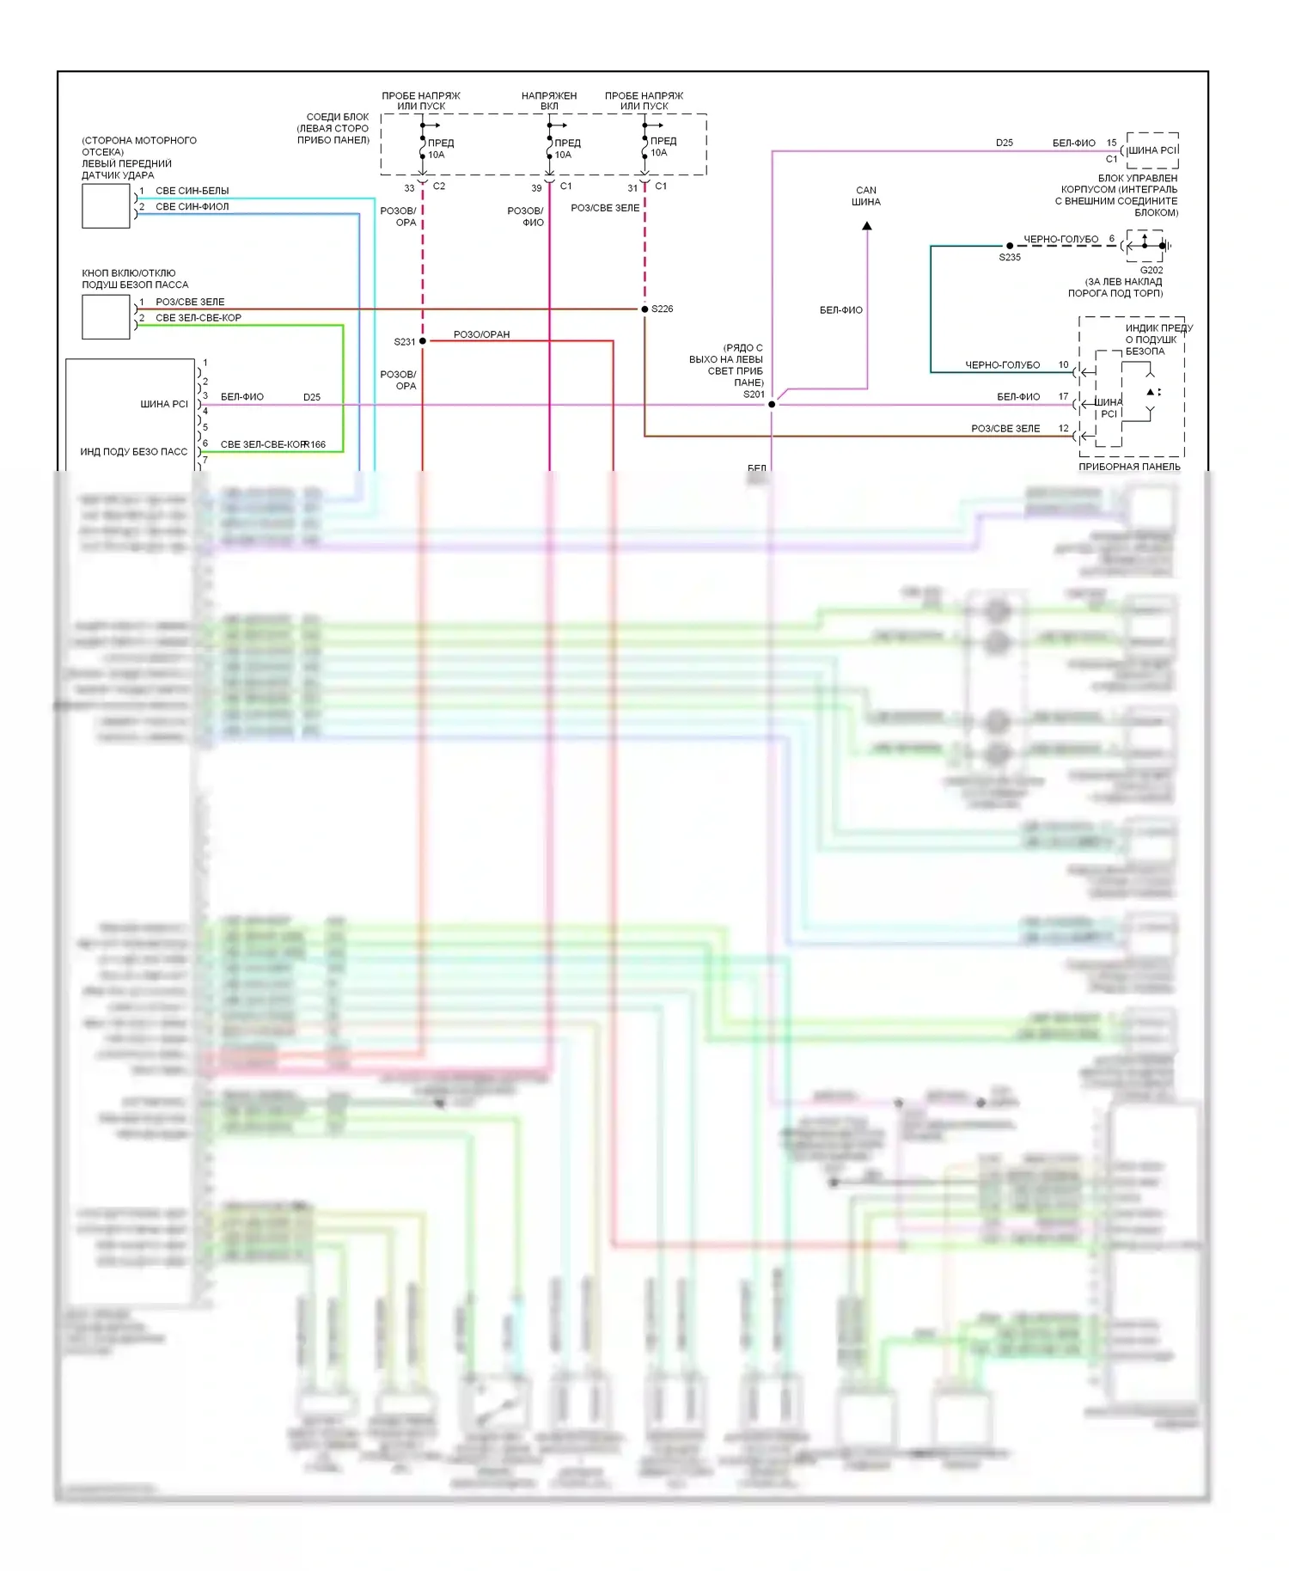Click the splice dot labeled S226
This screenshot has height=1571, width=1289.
[644, 309]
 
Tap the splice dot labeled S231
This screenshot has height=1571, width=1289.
[423, 341]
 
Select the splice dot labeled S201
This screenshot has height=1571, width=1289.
[772, 404]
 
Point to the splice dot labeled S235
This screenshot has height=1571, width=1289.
[1010, 246]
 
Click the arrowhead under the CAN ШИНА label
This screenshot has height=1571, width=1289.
[867, 226]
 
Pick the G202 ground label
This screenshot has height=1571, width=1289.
[1152, 270]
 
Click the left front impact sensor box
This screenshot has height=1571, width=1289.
[106, 206]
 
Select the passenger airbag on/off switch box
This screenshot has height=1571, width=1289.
[106, 316]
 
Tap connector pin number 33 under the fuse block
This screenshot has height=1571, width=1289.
[409, 188]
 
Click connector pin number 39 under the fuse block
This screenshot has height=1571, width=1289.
[536, 188]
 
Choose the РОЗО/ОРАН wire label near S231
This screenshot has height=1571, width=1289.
[481, 334]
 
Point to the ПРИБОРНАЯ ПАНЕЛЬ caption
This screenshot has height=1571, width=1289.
[1129, 467]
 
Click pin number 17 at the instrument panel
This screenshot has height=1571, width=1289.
[1063, 396]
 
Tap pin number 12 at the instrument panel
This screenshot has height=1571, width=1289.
[1063, 428]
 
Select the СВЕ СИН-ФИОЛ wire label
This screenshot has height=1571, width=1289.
[192, 207]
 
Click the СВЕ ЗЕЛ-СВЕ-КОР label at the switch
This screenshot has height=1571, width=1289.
[198, 318]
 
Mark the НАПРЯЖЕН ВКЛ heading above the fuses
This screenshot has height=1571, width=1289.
[549, 101]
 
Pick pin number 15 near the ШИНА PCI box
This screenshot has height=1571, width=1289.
[1111, 143]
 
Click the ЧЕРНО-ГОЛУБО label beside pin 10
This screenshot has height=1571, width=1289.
[1002, 365]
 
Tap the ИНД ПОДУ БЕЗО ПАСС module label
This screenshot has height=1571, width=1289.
[133, 452]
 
